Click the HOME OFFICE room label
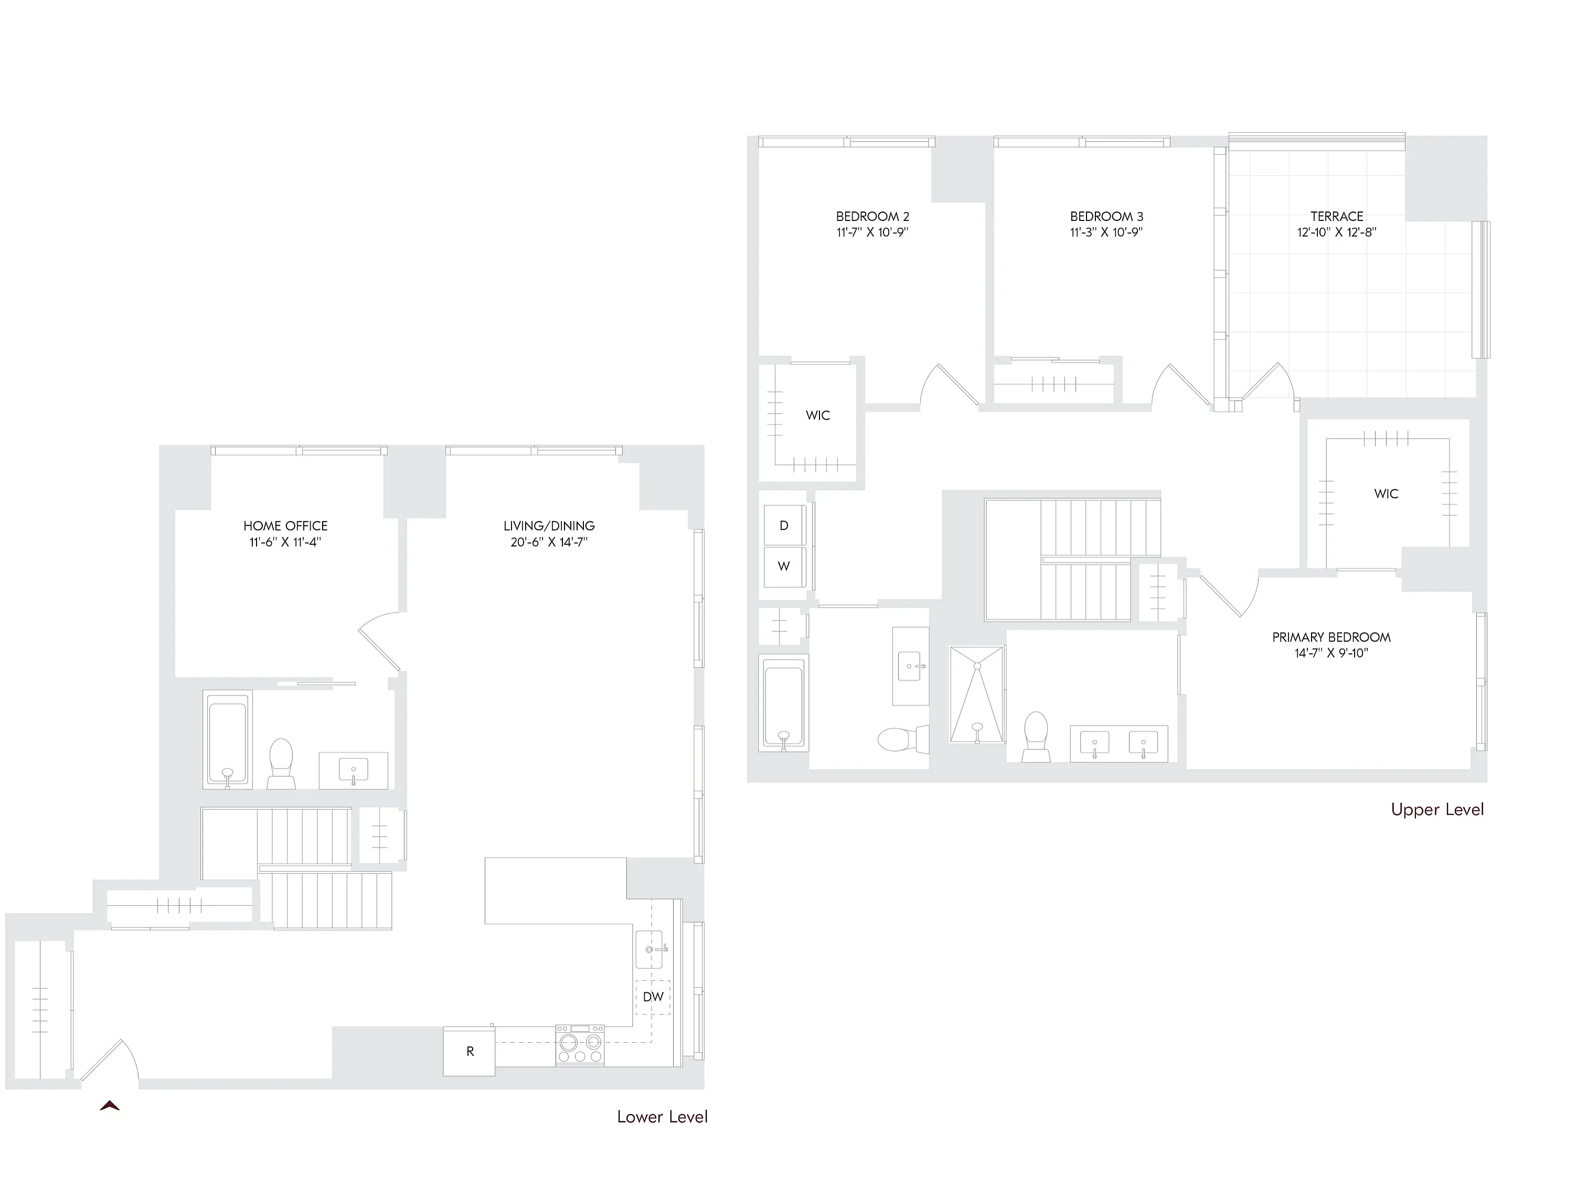pos(285,526)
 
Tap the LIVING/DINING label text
pos(549,526)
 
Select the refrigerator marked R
pos(469,1051)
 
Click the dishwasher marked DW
pos(653,997)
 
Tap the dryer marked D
pos(784,526)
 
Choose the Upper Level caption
pos(1437,809)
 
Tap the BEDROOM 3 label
pos(1106,216)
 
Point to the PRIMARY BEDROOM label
pos(1332,637)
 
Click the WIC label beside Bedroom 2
pos(817,415)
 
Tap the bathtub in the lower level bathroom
pos(227,739)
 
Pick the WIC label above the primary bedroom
pos(1386,493)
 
